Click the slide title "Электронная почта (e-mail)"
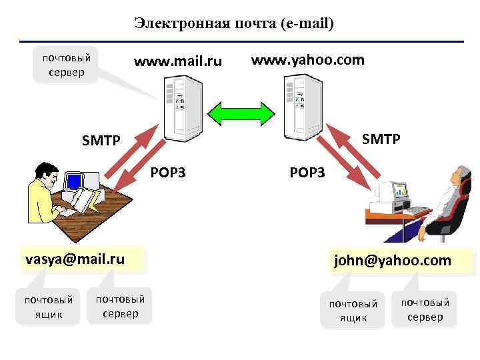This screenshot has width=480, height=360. (233, 23)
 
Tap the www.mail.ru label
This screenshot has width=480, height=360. (177, 63)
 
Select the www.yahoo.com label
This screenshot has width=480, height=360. (307, 60)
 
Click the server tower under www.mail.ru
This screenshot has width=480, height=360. (177, 107)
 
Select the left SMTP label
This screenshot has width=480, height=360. (101, 140)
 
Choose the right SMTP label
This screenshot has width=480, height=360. (381, 139)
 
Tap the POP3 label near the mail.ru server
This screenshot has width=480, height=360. (168, 173)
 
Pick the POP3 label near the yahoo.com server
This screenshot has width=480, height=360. (307, 173)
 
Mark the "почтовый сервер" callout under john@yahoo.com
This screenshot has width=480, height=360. (425, 309)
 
